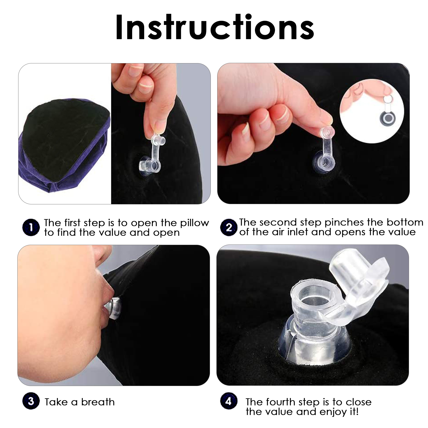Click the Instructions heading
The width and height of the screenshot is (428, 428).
pos(215,27)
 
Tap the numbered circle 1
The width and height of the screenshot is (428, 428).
pos(31,227)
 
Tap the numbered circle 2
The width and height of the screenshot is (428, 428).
pos(229,227)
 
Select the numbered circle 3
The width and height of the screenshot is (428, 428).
pos(31,401)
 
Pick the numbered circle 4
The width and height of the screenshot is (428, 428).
pos(229,401)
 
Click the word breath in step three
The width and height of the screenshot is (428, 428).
pos(98,402)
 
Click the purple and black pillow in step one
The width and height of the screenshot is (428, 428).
pos(64,145)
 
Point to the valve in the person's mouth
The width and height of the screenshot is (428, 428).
pos(114,309)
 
